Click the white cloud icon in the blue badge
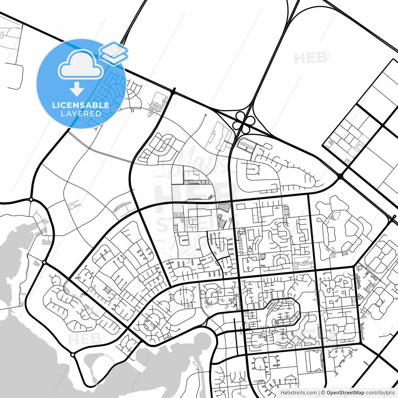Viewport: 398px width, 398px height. click(x=81, y=64)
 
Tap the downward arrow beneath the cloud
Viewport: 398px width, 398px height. click(x=77, y=90)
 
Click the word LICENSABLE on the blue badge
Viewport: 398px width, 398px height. click(x=81, y=105)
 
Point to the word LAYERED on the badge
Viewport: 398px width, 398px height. click(x=81, y=114)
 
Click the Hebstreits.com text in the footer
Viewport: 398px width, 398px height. click(x=298, y=393)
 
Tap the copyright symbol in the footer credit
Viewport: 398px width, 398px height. click(x=323, y=393)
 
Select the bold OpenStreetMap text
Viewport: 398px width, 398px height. click(x=345, y=393)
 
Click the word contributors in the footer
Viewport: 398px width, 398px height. click(x=380, y=393)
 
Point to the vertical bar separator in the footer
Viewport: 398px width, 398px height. click(x=319, y=393)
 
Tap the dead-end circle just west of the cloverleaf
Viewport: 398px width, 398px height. click(x=206, y=115)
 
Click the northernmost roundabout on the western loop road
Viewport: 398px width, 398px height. click(x=31, y=199)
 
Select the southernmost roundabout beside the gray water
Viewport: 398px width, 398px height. click(x=72, y=354)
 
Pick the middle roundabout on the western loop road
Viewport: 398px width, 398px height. click(x=44, y=262)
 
